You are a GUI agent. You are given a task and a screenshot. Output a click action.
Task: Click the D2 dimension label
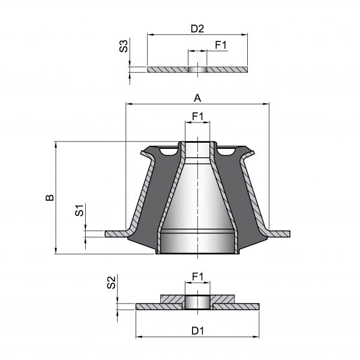pos(197,29)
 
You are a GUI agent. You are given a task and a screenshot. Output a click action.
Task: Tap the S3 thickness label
pos(124,46)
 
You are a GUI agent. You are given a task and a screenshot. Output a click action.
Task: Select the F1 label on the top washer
pos(221,45)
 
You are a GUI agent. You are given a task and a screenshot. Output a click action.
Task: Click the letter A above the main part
pos(197,98)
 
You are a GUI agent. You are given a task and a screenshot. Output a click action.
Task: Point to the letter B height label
pos(50,197)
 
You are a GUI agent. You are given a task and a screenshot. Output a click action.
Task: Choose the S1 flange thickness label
pos(79,211)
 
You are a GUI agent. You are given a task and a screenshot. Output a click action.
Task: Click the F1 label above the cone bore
pos(197,116)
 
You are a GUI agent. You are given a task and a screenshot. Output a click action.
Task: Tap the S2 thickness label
pos(112,283)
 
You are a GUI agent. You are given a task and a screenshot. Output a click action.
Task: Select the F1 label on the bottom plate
pos(197,277)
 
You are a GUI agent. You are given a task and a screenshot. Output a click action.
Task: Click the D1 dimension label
pos(197,331)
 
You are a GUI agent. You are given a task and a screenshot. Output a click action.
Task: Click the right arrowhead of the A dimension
pos(266,104)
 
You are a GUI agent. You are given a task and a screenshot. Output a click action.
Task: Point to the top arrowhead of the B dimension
pos(56,145)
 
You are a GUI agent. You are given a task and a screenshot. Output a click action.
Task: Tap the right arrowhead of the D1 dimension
pos(256,337)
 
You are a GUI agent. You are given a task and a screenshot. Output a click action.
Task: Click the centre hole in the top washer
pos(197,70)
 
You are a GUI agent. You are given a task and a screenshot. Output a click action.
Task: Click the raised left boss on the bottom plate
pos(172,299)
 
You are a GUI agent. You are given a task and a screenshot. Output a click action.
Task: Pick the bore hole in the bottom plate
pos(197,302)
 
